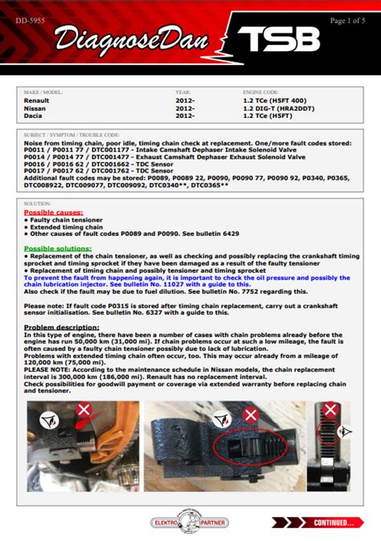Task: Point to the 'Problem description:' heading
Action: pyautogui.click(x=61, y=327)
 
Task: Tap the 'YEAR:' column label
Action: pyautogui.click(x=182, y=93)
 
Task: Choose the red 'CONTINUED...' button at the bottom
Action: pyautogui.click(x=329, y=523)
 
